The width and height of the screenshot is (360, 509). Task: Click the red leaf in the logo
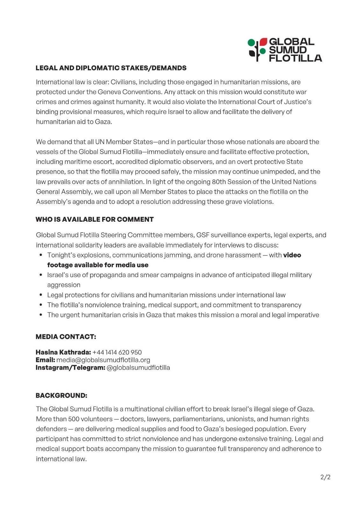coord(263,42)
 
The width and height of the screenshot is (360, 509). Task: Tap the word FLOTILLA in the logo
coord(295,58)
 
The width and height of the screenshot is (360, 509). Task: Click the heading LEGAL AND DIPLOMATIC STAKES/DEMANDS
coord(111,68)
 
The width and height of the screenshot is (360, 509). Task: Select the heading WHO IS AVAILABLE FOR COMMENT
coord(95,219)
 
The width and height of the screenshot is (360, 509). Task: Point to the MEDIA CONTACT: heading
coord(66,337)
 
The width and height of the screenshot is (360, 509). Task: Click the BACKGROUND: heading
coord(61,395)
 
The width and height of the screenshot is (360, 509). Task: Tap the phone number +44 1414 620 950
coord(117,352)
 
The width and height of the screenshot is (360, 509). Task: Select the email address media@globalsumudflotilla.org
coord(103,360)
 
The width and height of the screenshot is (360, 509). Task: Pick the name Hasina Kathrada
coord(63,352)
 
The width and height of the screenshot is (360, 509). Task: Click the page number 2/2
coord(325,477)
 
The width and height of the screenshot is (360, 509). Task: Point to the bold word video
coord(292,255)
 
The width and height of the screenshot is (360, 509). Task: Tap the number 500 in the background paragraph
coord(74,419)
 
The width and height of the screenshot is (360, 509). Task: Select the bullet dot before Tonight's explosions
coord(41,255)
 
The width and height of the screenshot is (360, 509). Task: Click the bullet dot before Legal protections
coord(41,295)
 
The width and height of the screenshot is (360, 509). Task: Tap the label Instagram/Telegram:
coord(70,367)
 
